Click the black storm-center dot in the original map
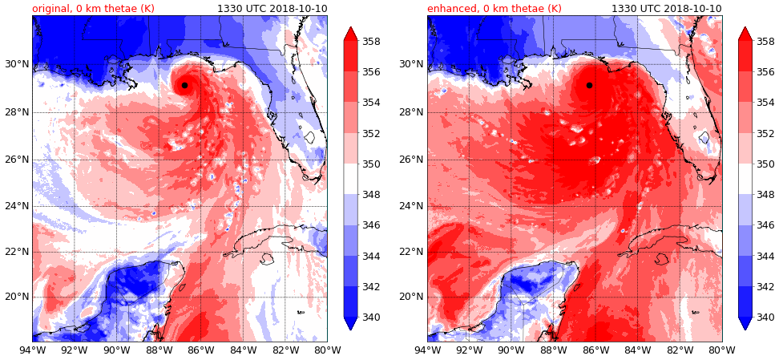184,85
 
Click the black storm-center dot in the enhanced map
589,85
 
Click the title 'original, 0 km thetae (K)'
93,9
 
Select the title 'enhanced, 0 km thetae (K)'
494,9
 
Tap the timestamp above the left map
272,9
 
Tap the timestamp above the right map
667,9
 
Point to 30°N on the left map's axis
16,64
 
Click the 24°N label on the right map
411,206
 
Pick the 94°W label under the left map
32,350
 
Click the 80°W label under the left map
327,350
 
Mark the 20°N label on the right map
411,297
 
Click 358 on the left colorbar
370,42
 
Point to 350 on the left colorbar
370,164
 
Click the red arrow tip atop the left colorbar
351,32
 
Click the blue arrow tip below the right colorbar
745,323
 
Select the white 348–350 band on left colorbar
351,179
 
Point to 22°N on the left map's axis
16,252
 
